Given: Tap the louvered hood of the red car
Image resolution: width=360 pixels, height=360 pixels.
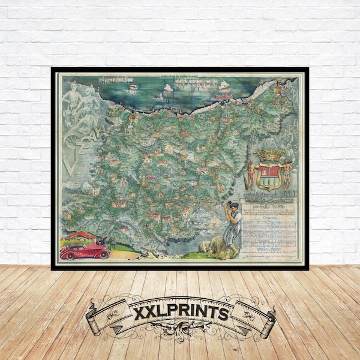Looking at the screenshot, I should click(x=99, y=249).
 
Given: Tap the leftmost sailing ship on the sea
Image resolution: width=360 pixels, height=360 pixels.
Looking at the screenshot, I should click(x=133, y=86).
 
